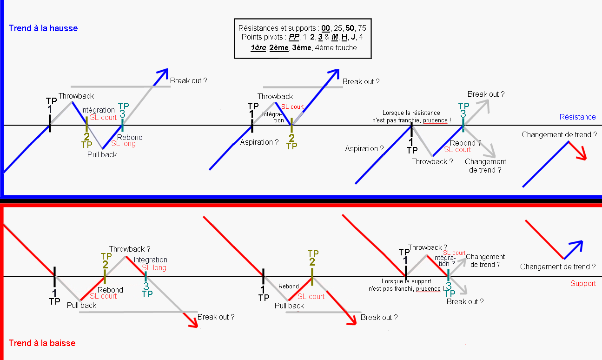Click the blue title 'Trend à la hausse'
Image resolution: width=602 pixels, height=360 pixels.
43,28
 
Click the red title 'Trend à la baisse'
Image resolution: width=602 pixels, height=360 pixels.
42,343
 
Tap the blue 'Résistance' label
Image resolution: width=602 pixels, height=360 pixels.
577,117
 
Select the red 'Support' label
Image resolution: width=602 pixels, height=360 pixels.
583,283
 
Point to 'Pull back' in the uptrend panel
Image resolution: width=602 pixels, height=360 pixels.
102,154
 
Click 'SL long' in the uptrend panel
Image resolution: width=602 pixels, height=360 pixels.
124,144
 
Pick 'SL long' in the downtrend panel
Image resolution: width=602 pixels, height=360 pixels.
154,267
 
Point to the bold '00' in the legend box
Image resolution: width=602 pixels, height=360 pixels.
326,28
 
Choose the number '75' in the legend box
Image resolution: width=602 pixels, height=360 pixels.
362,28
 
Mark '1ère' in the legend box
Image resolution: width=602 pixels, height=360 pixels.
258,47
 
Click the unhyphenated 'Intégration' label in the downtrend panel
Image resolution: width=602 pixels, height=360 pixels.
150,260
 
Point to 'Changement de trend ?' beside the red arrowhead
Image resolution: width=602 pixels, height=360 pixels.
559,135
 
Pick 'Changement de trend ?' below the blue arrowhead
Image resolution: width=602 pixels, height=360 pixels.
558,267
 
